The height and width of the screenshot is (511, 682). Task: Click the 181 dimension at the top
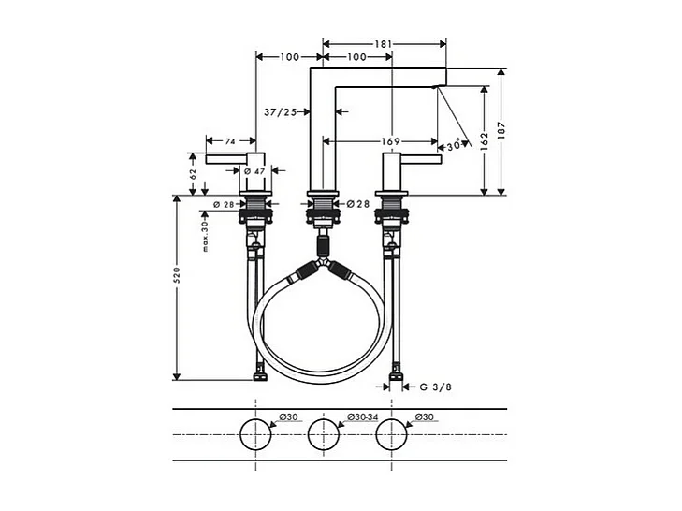point(384,42)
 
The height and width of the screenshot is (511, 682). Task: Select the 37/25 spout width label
point(280,112)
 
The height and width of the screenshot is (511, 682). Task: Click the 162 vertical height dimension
point(483,140)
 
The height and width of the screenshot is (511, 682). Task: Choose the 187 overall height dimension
point(506,132)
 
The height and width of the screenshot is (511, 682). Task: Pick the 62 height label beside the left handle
point(193,173)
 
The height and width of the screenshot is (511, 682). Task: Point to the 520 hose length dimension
point(176,275)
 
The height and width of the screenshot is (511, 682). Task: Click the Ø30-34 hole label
point(362,416)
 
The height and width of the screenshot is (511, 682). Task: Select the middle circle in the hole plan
point(323,434)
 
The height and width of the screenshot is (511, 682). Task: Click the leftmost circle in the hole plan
point(255,434)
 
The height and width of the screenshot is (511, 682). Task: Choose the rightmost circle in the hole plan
point(390,434)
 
